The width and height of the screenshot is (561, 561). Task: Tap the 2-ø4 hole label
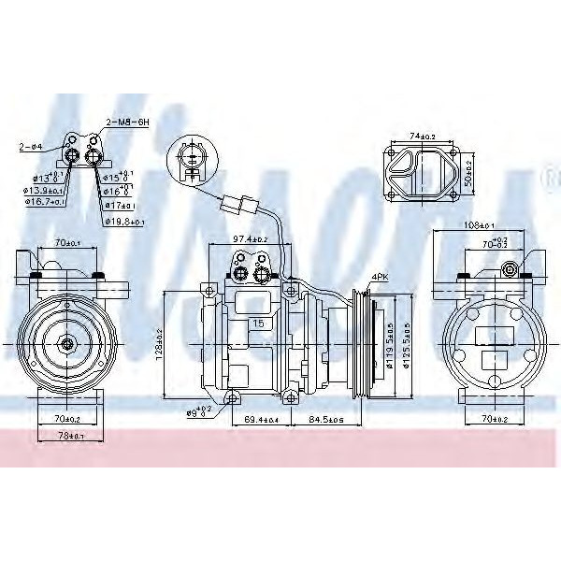click(x=29, y=147)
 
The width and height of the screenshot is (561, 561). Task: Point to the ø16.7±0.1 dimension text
click(x=46, y=201)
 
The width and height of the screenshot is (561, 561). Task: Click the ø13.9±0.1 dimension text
click(x=45, y=190)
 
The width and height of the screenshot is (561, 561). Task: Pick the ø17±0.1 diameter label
click(x=119, y=206)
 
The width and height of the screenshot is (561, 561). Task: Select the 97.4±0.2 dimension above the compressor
click(x=250, y=239)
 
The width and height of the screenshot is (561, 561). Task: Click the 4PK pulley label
click(x=379, y=277)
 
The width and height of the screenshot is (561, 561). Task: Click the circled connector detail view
click(x=193, y=159)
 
